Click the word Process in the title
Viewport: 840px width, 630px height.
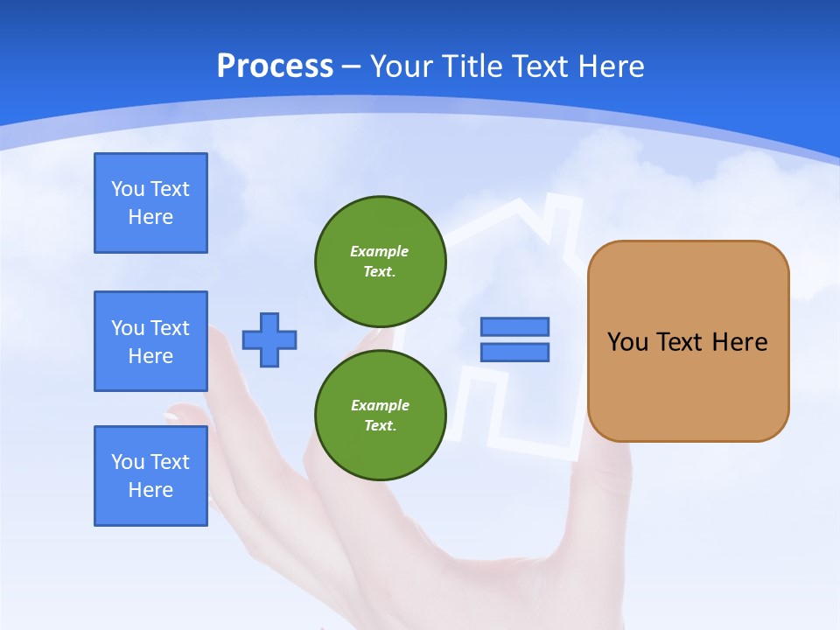coord(275,66)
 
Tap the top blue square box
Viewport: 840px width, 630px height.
coord(150,203)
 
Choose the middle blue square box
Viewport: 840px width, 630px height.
coord(150,341)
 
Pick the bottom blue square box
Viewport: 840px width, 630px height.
coord(150,476)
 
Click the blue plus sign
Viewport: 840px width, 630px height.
coord(269,339)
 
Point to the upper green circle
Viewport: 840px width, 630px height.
coord(381,262)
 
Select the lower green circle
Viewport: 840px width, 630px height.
coord(381,416)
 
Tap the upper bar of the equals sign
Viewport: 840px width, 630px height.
coord(514,327)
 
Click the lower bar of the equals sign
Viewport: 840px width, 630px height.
coord(514,352)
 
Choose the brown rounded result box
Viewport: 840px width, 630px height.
coord(688,341)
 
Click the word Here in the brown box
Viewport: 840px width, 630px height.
coord(739,342)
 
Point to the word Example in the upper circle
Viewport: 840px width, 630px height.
coord(379,251)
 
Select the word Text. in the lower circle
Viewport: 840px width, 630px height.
coord(380,426)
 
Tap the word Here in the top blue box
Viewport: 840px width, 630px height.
coord(150,217)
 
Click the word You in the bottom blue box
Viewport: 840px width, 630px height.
coord(128,462)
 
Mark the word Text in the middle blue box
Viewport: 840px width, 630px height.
coord(170,328)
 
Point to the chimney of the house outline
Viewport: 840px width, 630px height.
coord(564,219)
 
